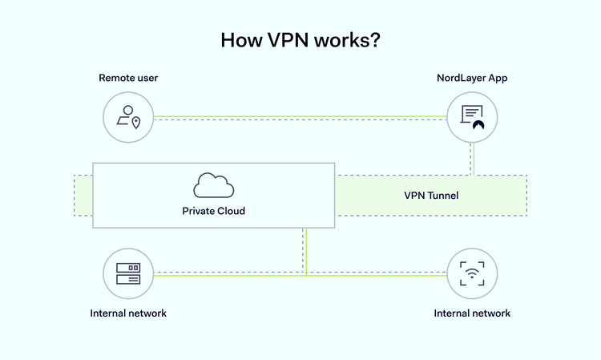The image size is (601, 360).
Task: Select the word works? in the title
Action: click(x=349, y=41)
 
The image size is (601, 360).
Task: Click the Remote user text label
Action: click(x=128, y=79)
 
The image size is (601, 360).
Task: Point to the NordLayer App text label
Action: click(x=472, y=79)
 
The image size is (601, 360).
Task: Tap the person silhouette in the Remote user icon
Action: click(x=125, y=114)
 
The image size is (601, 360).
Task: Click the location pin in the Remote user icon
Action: click(x=136, y=123)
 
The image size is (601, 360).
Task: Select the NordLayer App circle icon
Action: click(x=472, y=117)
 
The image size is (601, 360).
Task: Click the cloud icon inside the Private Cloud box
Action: click(x=214, y=185)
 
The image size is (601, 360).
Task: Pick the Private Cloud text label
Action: click(x=213, y=212)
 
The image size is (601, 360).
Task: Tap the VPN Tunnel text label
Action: click(x=430, y=195)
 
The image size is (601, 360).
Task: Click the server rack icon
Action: click(x=128, y=274)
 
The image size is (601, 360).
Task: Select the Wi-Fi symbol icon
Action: click(x=472, y=274)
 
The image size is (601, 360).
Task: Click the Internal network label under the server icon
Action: click(x=128, y=313)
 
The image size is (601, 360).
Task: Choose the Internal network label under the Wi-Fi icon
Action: click(x=472, y=313)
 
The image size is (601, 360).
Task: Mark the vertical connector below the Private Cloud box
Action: click(x=306, y=251)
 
